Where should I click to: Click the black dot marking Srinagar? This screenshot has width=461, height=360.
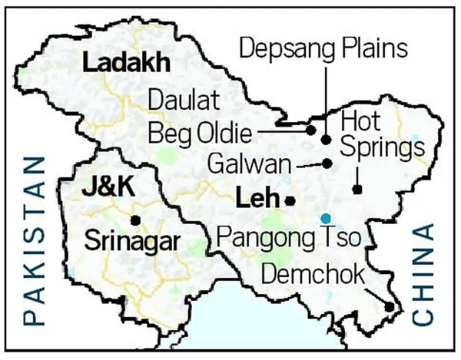(136, 220)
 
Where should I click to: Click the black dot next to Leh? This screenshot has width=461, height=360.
(290, 200)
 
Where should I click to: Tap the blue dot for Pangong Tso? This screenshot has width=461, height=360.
(327, 217)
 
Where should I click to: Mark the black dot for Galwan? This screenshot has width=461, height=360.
(327, 163)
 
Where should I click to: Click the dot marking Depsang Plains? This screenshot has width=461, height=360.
(326, 140)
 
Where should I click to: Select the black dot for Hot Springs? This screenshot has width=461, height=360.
(357, 189)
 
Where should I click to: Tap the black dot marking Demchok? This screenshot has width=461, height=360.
(390, 307)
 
